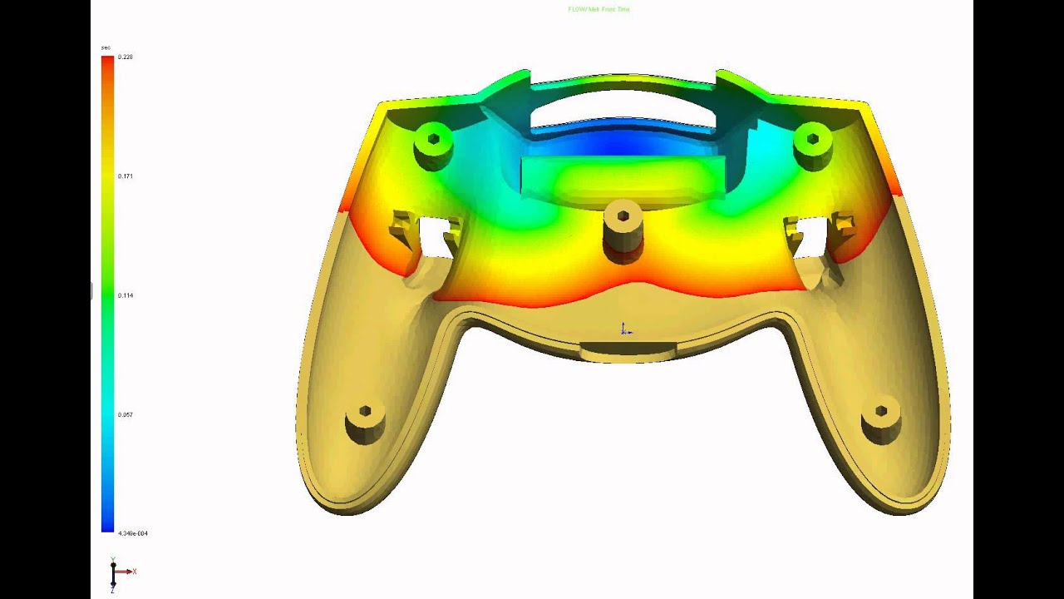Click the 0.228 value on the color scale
126,57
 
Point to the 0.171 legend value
126,176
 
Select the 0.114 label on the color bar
126,295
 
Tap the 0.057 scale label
126,414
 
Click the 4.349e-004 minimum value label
133,533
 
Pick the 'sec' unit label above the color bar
106,47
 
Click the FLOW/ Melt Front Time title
598,9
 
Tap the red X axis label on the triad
134,572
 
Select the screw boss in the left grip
365,420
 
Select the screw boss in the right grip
881,419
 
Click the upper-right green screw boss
812,145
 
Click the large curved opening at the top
622,108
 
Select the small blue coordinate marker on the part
625,330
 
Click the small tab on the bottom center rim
628,352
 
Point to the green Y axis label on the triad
113,560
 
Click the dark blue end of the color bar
107,524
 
